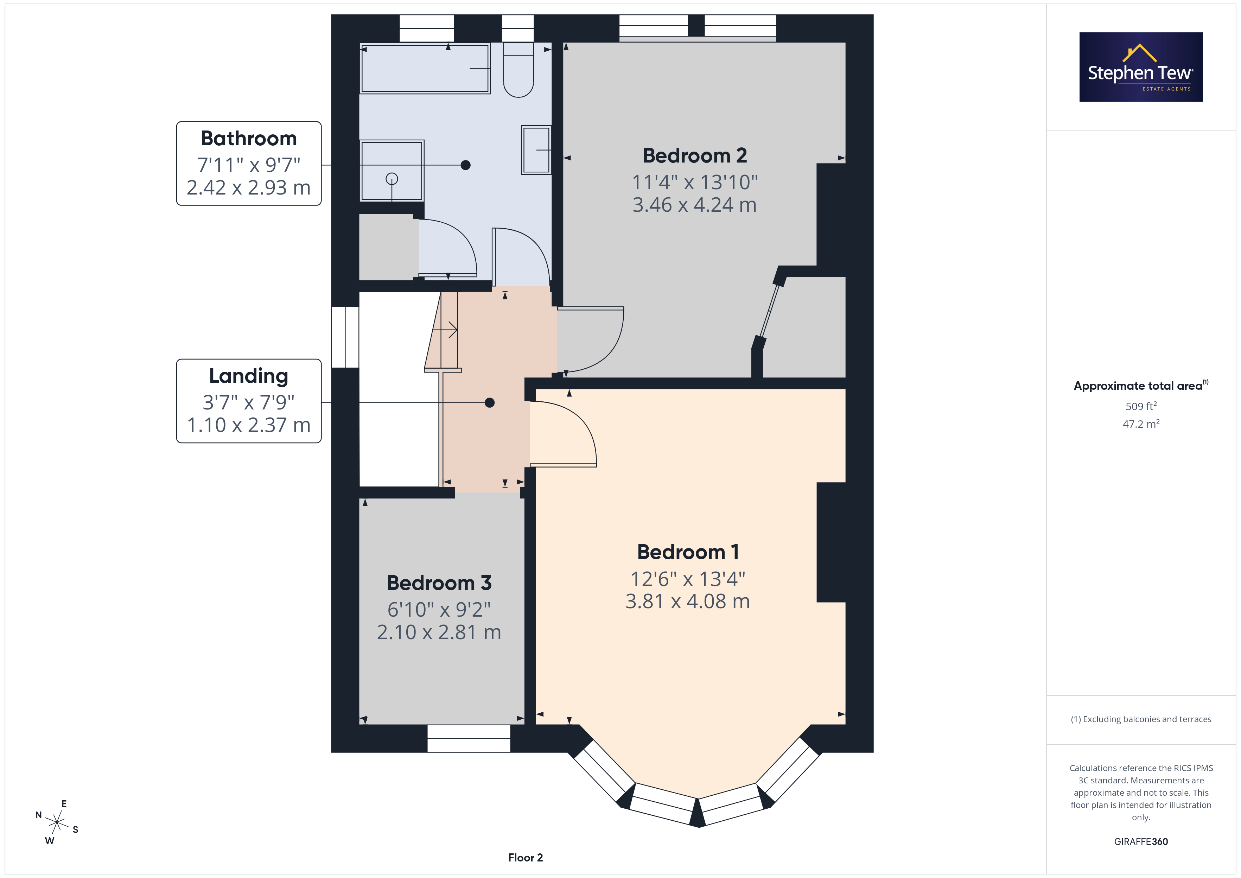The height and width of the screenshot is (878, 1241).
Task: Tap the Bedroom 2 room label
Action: (695, 156)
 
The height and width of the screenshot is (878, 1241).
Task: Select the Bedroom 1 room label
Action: (688, 552)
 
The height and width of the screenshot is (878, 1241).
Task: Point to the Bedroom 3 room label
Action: (439, 583)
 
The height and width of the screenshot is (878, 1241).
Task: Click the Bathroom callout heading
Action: (249, 138)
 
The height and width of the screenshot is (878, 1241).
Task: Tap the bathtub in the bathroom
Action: (425, 69)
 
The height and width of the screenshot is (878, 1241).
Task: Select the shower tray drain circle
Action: (392, 178)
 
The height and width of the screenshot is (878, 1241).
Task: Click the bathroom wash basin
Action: (536, 150)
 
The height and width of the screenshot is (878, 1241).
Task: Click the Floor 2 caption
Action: (526, 858)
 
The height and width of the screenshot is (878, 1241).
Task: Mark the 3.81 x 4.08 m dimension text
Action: (688, 601)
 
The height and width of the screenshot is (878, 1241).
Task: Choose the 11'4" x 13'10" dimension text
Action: (695, 182)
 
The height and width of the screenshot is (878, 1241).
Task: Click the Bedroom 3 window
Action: (469, 738)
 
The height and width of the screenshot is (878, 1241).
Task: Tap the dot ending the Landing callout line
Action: (490, 403)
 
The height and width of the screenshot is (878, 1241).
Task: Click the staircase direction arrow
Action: (445, 329)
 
